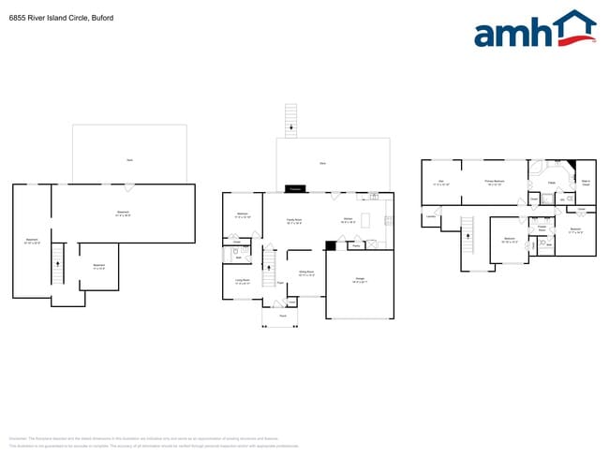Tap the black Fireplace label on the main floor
click(x=294, y=189)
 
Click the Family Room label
click(x=293, y=221)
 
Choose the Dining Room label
click(x=305, y=273)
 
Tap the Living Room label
click(x=241, y=281)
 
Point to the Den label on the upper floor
click(x=440, y=181)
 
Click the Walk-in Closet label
click(x=586, y=182)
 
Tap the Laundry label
click(x=431, y=217)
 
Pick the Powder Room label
click(x=542, y=228)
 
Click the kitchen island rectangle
click(x=364, y=221)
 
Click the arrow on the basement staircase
click(x=57, y=266)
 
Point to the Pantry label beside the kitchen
click(x=356, y=246)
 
